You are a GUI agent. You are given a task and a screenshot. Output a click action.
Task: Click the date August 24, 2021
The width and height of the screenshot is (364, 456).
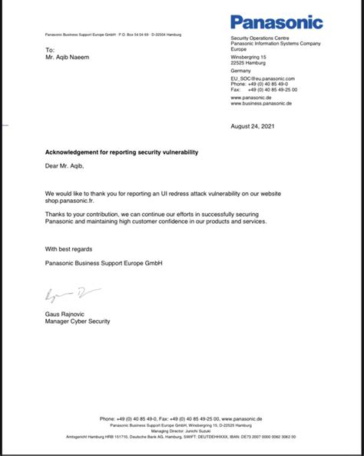251,125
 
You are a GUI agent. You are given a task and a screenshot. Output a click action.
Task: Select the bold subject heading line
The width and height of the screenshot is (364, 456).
121,152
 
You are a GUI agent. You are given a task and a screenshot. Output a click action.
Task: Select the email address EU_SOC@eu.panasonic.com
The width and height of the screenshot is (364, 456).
263,78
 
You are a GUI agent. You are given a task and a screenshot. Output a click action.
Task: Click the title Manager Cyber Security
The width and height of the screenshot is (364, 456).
78,321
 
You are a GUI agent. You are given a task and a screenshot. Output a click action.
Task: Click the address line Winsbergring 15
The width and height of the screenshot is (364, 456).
249,57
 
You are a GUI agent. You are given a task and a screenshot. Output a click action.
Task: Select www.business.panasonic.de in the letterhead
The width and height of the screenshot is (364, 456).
263,104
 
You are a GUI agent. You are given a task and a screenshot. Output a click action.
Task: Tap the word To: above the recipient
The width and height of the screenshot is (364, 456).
50,50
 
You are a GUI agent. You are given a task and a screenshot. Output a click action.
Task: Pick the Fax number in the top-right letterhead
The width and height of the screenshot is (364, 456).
263,89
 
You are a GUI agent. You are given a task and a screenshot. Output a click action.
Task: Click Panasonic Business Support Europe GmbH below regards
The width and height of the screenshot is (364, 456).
104,263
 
